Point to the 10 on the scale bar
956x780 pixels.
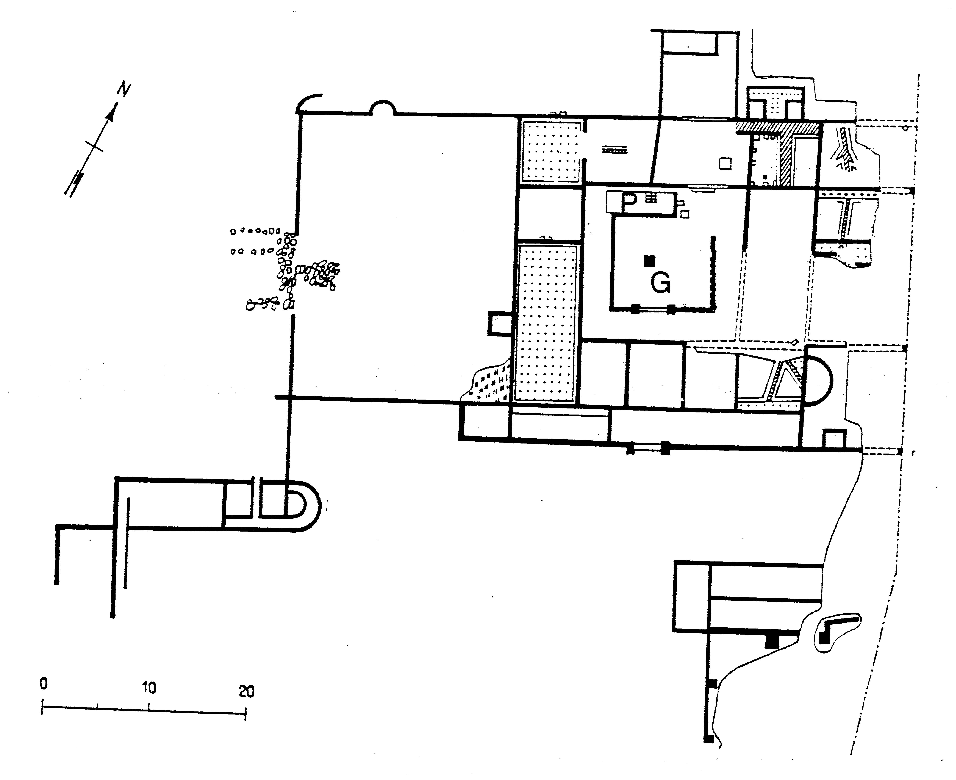[x=149, y=687]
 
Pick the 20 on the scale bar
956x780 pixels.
[x=246, y=691]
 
